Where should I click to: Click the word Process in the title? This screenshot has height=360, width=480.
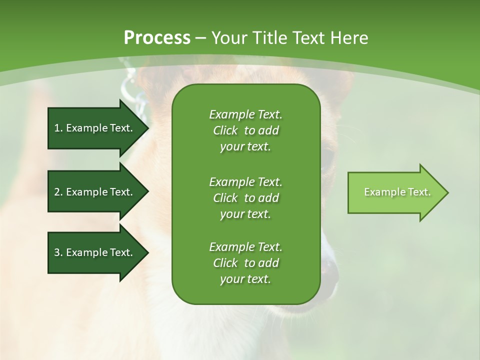(x=157, y=37)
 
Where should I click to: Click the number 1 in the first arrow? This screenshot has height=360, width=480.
(x=56, y=128)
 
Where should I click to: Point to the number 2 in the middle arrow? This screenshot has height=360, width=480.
(x=57, y=192)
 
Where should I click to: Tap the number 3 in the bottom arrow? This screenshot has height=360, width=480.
(x=57, y=252)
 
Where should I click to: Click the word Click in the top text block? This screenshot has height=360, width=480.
(x=225, y=130)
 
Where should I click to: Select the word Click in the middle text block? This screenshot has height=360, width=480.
(x=225, y=198)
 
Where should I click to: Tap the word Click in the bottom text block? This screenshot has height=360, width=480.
(x=225, y=263)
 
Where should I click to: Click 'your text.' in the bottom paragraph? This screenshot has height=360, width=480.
(x=245, y=279)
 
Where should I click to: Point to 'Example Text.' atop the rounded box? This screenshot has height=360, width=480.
(x=245, y=114)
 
